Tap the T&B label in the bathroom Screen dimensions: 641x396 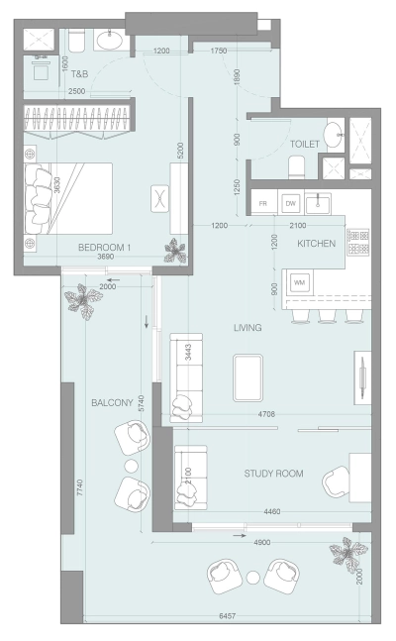pos(80,73)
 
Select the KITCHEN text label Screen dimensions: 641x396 pos(316,243)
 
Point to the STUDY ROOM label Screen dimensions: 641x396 pos(273,473)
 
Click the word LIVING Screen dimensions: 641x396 pos(247,328)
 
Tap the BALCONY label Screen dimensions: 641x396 pos(112,402)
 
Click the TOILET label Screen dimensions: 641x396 pos(304,144)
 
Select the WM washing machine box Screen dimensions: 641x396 pos(299,282)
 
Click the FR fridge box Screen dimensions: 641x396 pos(263,203)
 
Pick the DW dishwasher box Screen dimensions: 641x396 pos(290,203)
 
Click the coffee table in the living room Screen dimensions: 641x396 pos(247,377)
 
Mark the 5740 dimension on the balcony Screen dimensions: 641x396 pos(141,402)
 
